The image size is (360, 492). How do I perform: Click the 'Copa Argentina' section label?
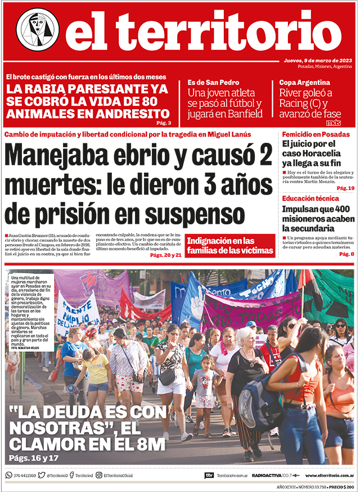point(304,82)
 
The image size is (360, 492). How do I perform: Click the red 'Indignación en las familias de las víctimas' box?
point(230,246)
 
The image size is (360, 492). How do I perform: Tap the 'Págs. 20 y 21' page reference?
point(166,255)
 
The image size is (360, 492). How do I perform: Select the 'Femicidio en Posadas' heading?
point(316,134)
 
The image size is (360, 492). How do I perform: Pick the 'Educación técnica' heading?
point(310,198)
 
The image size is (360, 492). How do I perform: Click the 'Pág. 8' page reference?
point(346,254)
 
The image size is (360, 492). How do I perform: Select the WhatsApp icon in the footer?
point(8,475)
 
